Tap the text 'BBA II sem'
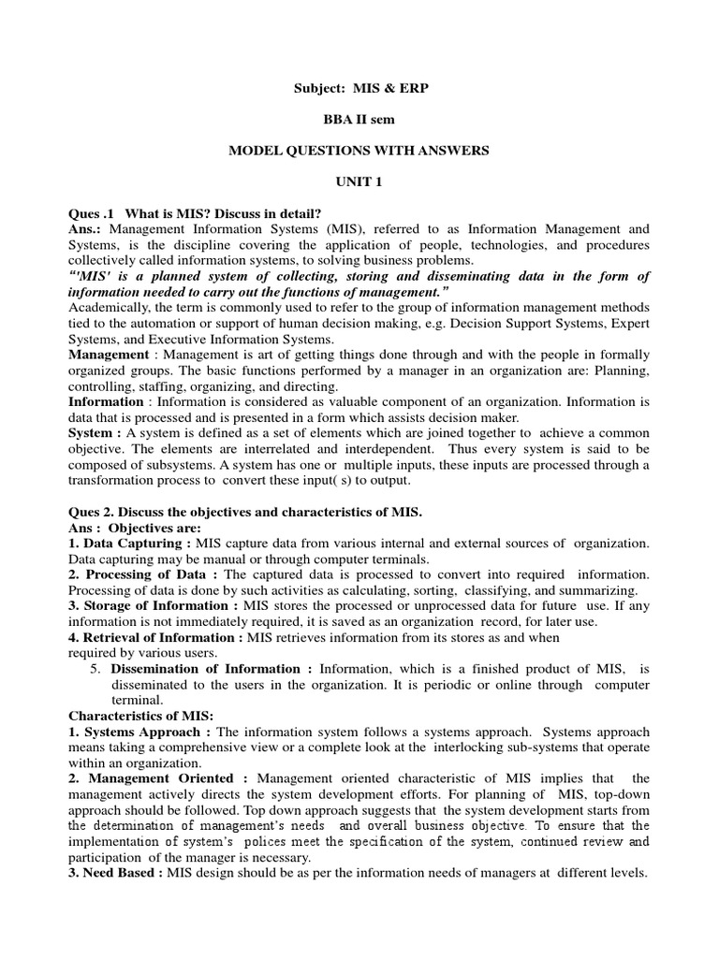tap(359, 120)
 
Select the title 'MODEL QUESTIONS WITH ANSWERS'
tap(359, 151)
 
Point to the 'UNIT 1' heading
tap(359, 181)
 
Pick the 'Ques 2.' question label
tap(92, 512)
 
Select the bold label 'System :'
tap(95, 433)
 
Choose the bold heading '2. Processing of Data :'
tap(144, 574)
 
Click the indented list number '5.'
tap(95, 669)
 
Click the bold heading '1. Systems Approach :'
tap(139, 732)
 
